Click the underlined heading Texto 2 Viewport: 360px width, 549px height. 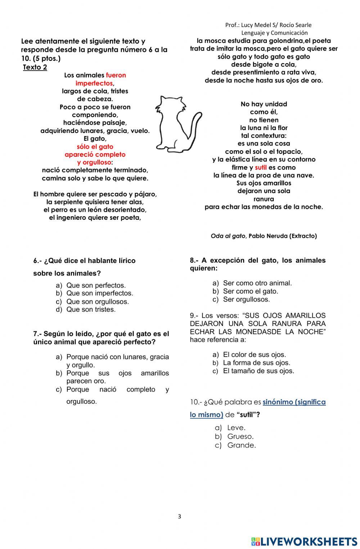[x=35, y=67]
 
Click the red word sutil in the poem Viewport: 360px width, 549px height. [x=261, y=168]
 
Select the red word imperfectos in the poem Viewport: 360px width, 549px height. [x=94, y=83]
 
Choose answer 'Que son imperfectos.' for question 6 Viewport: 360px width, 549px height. [x=100, y=293]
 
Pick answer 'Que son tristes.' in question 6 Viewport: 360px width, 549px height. [x=91, y=309]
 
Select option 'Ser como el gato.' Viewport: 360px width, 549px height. [x=251, y=291]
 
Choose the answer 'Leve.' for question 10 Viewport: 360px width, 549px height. [x=236, y=428]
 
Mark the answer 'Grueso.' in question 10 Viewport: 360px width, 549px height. [x=240, y=436]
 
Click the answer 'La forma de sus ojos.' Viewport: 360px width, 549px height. [x=256, y=363]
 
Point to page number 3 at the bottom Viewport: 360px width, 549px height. [x=180, y=516]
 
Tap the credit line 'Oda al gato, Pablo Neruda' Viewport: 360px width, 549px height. [x=264, y=236]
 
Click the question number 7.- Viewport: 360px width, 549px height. [x=38, y=334]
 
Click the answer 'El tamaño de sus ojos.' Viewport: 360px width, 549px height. [x=258, y=371]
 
